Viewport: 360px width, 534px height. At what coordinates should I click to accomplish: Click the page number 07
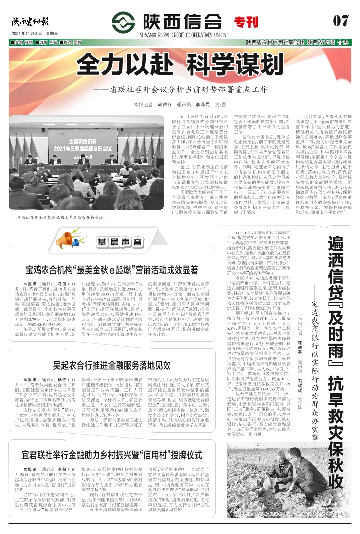(x=340, y=21)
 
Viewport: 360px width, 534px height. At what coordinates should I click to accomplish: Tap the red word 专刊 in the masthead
(x=246, y=22)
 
